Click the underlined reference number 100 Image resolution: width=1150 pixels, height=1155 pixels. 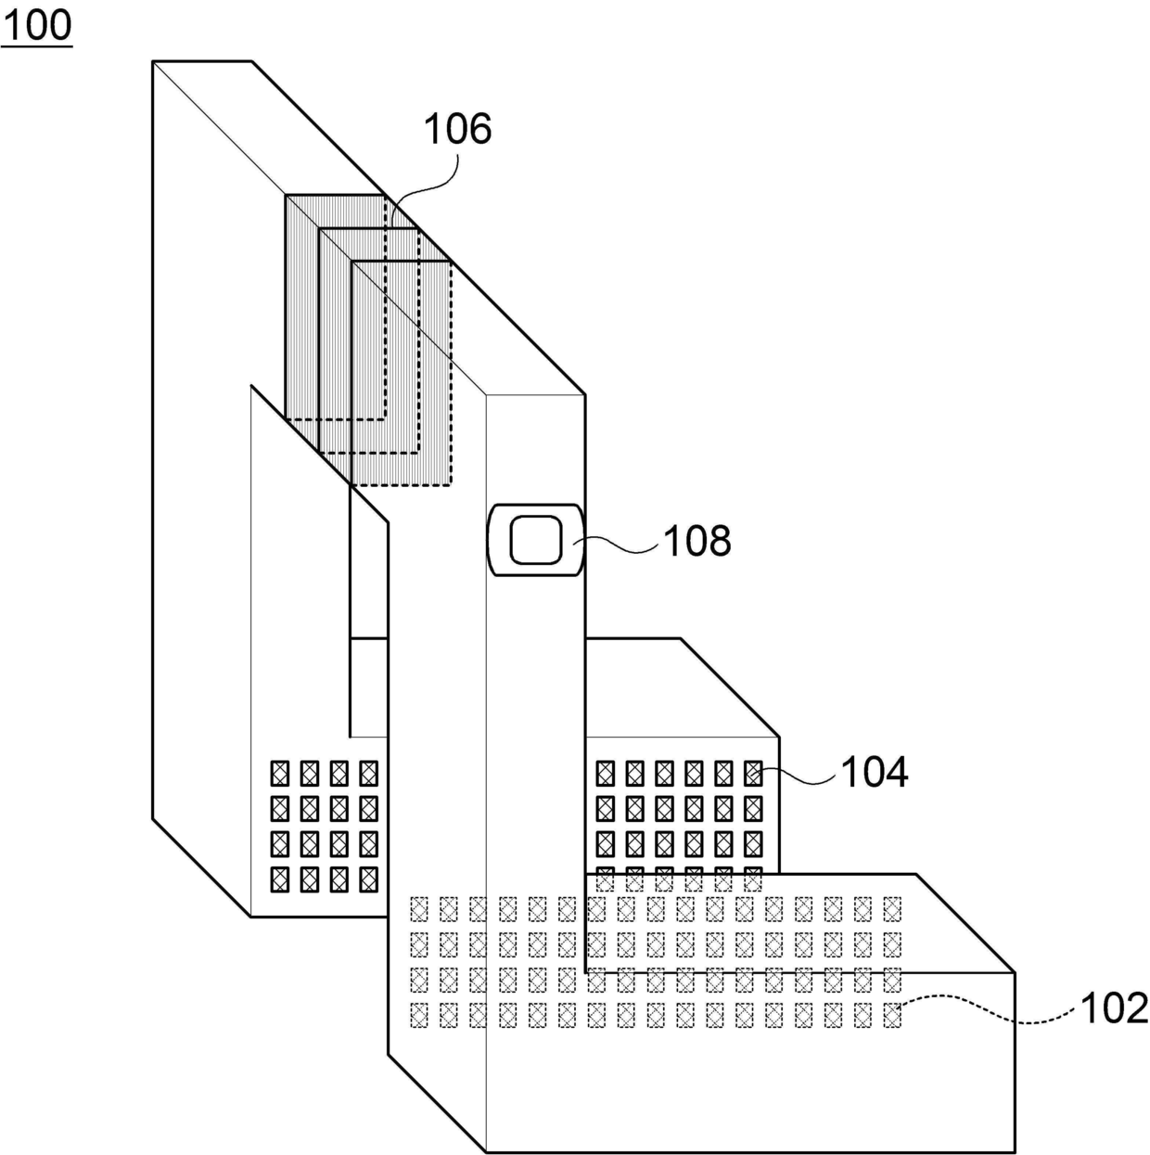click(x=36, y=26)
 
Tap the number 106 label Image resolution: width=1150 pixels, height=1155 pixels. click(x=458, y=129)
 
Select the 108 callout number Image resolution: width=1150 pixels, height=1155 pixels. click(x=696, y=541)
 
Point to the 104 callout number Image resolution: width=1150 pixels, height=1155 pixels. click(x=875, y=772)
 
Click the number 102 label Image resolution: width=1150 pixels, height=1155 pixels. click(x=1114, y=1008)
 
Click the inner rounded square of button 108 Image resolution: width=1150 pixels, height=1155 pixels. click(x=536, y=539)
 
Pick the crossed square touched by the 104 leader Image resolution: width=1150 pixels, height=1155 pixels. click(x=753, y=773)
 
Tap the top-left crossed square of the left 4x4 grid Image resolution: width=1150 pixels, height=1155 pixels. click(x=279, y=773)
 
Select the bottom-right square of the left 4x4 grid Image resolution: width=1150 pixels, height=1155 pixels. click(x=368, y=879)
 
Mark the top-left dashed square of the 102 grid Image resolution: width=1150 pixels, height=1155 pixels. click(x=419, y=908)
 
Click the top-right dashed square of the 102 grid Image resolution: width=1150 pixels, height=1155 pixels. click(x=892, y=908)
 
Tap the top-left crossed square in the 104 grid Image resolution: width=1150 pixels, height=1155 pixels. click(x=606, y=773)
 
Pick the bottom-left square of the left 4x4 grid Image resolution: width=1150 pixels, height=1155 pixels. click(x=279, y=879)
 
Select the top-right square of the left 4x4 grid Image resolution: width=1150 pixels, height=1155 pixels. click(x=368, y=773)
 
